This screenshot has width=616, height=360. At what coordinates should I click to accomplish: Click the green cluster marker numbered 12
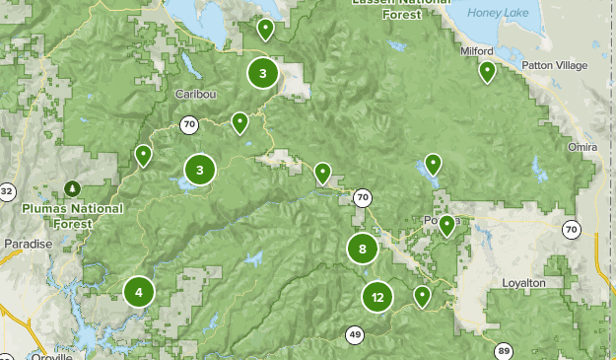(377, 297)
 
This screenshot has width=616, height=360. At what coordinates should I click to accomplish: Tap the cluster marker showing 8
(363, 249)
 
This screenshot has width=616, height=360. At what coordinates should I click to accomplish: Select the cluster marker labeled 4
(139, 292)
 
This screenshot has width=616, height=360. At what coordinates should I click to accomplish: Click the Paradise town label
(28, 244)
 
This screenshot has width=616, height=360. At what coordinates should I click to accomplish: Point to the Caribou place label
(194, 94)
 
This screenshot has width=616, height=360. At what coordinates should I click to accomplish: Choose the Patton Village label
(555, 66)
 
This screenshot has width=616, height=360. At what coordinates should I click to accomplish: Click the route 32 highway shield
(7, 190)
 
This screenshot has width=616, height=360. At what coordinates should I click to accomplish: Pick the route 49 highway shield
(355, 335)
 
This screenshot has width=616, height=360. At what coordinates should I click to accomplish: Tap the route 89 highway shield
(504, 350)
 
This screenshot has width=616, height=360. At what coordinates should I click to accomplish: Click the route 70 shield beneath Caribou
(189, 124)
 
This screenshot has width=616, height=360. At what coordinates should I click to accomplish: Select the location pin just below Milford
(487, 71)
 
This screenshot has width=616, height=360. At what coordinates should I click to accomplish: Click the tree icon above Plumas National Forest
(71, 187)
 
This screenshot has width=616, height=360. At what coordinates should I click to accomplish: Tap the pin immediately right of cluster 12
(423, 295)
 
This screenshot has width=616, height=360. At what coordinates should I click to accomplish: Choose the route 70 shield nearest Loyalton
(572, 230)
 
